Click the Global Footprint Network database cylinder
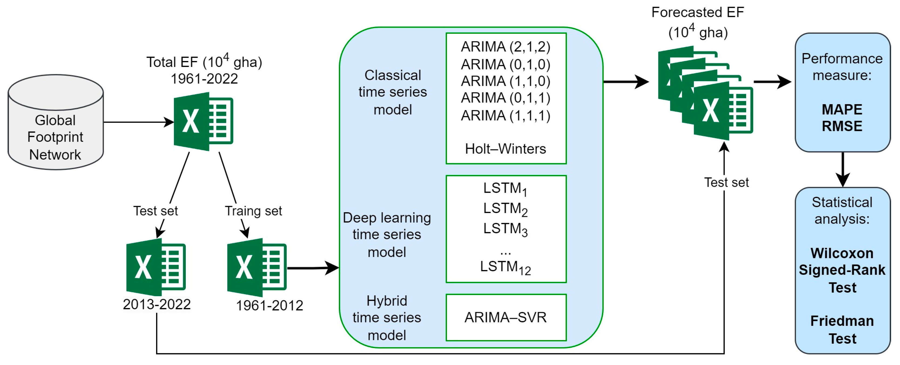coord(56,122)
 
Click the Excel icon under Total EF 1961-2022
coord(203,121)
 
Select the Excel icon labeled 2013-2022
coord(156,267)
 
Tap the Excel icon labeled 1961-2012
coord(257,267)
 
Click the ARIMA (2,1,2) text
coord(505,46)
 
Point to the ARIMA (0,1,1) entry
coord(505,98)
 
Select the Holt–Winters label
coord(505,149)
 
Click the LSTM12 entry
coord(505,267)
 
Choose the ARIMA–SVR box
coord(505,317)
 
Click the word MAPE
coord(842,110)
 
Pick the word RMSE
coord(842,126)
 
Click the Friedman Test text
coord(842,329)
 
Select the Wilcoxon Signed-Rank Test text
coord(842,270)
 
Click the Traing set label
coord(253,211)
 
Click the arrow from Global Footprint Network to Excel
coord(138,122)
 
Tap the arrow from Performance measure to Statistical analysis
coord(843,169)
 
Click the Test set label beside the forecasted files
coord(726,182)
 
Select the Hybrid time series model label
coord(387,317)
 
